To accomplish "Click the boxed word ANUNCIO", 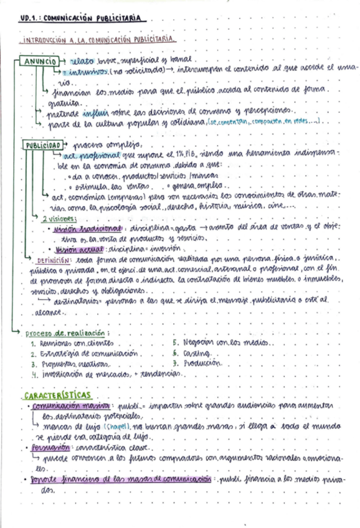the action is point(39,62).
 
